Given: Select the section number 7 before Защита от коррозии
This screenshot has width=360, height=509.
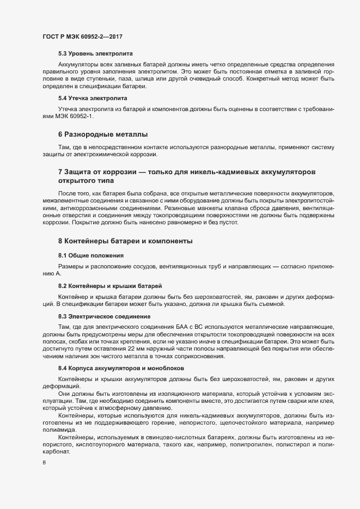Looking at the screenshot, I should click(x=60, y=172).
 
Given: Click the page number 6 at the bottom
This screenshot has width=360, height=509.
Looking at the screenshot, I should click(x=44, y=463).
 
